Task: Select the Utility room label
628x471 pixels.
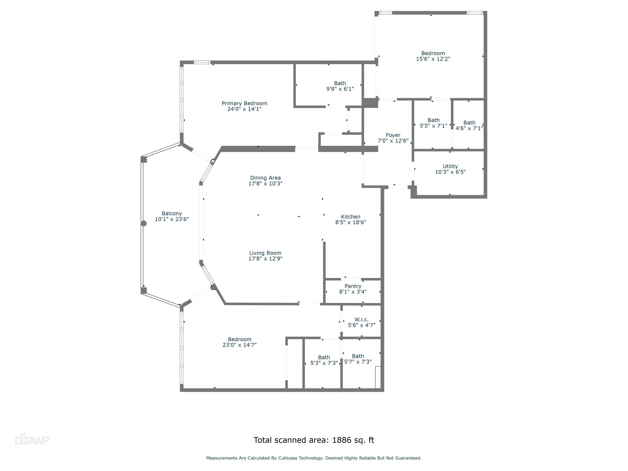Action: click(450, 166)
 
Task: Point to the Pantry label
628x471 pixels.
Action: click(353, 286)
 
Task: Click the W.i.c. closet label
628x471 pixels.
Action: click(361, 320)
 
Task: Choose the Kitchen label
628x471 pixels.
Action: click(351, 217)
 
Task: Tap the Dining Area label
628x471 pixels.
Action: click(265, 178)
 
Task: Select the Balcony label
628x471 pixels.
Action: click(172, 214)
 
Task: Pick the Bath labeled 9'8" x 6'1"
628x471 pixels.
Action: click(340, 86)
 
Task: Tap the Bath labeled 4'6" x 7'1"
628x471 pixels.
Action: click(469, 125)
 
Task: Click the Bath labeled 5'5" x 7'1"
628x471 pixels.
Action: click(434, 123)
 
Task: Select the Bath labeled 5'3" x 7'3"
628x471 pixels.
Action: click(324, 360)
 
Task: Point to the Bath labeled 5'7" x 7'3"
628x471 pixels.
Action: click(358, 359)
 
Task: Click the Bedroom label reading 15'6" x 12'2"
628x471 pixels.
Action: click(433, 56)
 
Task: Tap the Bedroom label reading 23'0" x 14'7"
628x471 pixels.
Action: click(240, 342)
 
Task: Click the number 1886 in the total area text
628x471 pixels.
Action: click(342, 440)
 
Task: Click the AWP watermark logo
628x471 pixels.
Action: click(32, 440)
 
